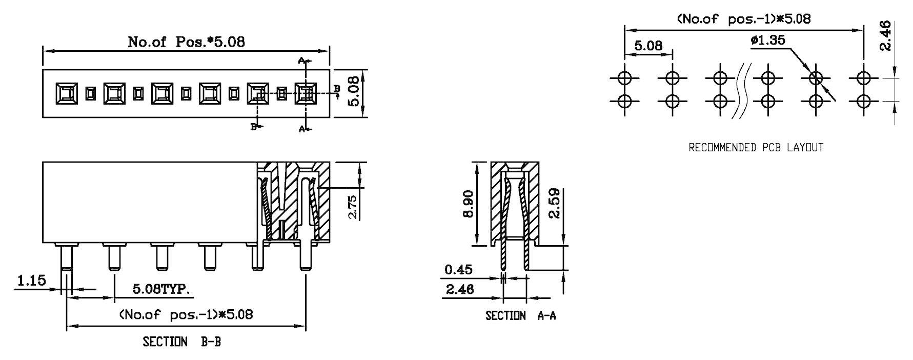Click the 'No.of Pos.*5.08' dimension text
pos(186,42)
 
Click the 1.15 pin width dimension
pos(31,281)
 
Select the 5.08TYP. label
pos(161,289)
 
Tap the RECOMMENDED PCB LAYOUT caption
pos(756,148)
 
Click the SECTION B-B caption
pos(181,342)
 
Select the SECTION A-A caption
pos(520,316)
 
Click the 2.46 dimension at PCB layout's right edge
pos(886,36)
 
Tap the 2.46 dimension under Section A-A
pos(460,290)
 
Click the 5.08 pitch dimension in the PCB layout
pos(648,46)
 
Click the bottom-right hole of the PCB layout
pos(864,101)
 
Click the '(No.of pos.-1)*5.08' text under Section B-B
pos(186,314)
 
